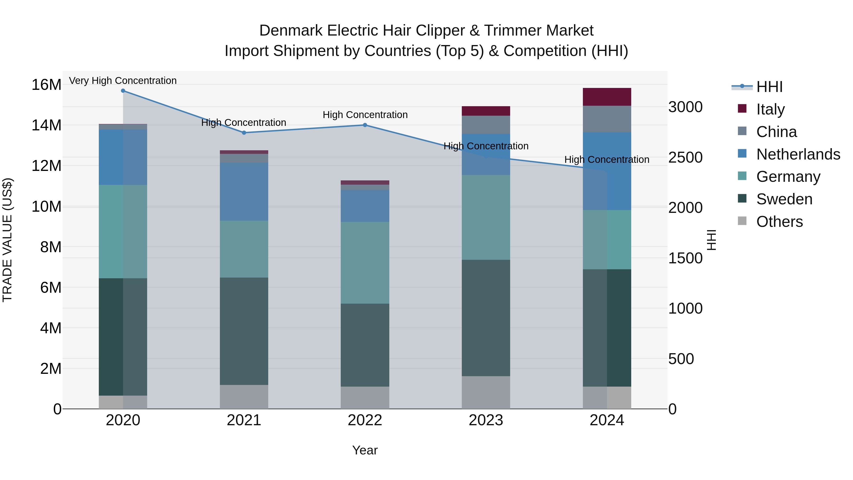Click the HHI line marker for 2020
point(123,91)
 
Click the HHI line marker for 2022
point(365,125)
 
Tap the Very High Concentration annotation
point(123,81)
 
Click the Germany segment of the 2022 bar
point(365,262)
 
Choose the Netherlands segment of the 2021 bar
point(244,192)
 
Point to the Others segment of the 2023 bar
point(486,392)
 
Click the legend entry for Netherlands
point(798,154)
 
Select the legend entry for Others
point(780,222)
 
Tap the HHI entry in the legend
point(770,87)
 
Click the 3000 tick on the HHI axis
point(685,107)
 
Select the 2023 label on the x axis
point(486,420)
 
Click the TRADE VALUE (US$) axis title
point(8,240)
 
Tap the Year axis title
point(365,450)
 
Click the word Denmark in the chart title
point(291,31)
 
